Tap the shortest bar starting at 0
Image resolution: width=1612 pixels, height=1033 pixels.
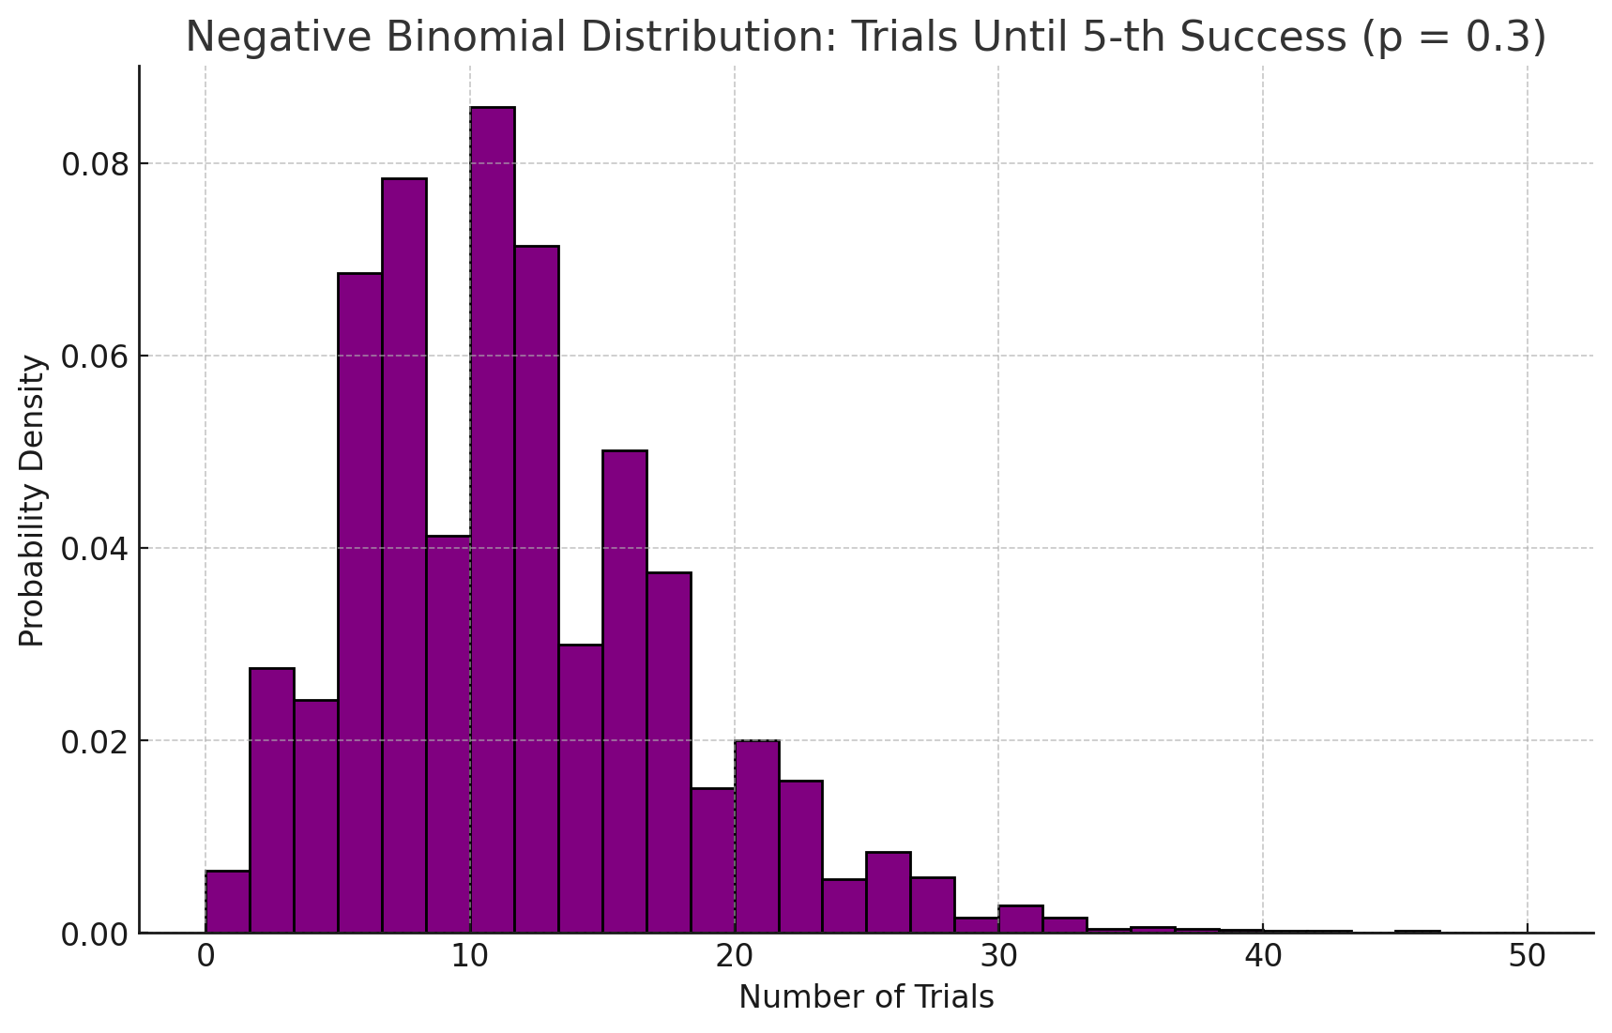[x=228, y=902]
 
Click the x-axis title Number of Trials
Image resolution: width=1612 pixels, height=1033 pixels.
[x=866, y=997]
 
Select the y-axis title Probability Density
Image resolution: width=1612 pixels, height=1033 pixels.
[x=33, y=500]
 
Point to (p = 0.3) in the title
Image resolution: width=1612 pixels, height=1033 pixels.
[x=1452, y=38]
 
